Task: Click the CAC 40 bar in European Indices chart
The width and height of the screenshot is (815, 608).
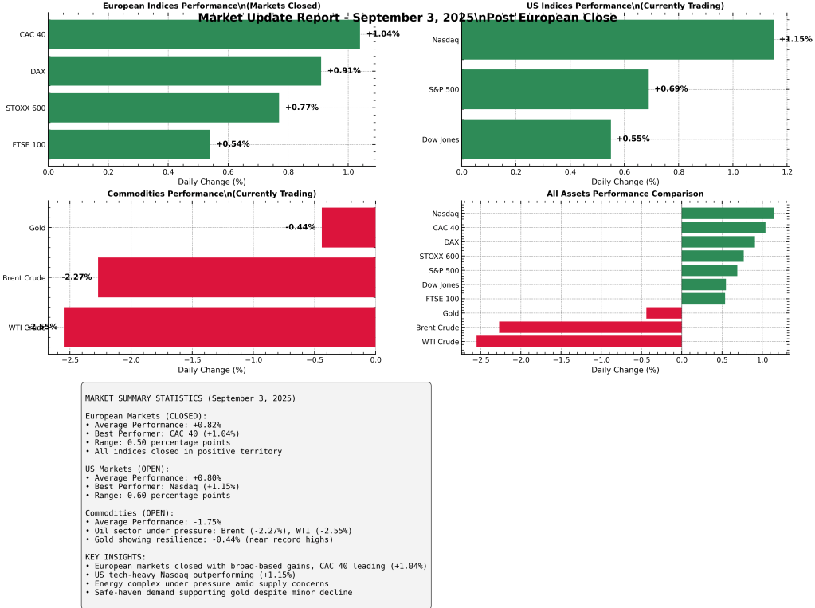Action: (204, 34)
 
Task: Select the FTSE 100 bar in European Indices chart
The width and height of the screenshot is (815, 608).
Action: (129, 144)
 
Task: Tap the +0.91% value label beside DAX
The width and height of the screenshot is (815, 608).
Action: (343, 71)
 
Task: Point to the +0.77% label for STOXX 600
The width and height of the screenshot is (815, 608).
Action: (301, 108)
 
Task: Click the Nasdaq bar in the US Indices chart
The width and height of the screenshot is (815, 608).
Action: (617, 39)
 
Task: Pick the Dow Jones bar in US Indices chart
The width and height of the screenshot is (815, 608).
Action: (536, 139)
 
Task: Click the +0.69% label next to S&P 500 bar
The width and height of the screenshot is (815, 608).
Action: (671, 89)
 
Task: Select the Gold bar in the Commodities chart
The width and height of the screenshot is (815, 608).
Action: (348, 227)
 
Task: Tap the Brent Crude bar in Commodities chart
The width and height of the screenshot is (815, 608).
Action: (237, 277)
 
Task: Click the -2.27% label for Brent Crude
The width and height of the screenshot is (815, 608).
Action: (76, 277)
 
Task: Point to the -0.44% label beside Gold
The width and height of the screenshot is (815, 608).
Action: (300, 227)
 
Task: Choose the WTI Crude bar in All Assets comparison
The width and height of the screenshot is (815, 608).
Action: (579, 342)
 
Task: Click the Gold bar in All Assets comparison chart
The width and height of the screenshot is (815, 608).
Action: (664, 313)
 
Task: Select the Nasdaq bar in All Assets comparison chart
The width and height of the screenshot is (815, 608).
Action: (727, 214)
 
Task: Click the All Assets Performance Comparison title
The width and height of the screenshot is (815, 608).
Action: (625, 194)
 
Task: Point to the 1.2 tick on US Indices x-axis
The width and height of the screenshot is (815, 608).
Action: (787, 171)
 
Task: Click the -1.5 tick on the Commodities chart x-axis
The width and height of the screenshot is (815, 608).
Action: (192, 360)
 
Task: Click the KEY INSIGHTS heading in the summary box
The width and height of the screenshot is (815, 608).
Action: (116, 556)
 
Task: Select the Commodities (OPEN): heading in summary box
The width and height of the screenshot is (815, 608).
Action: (129, 513)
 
